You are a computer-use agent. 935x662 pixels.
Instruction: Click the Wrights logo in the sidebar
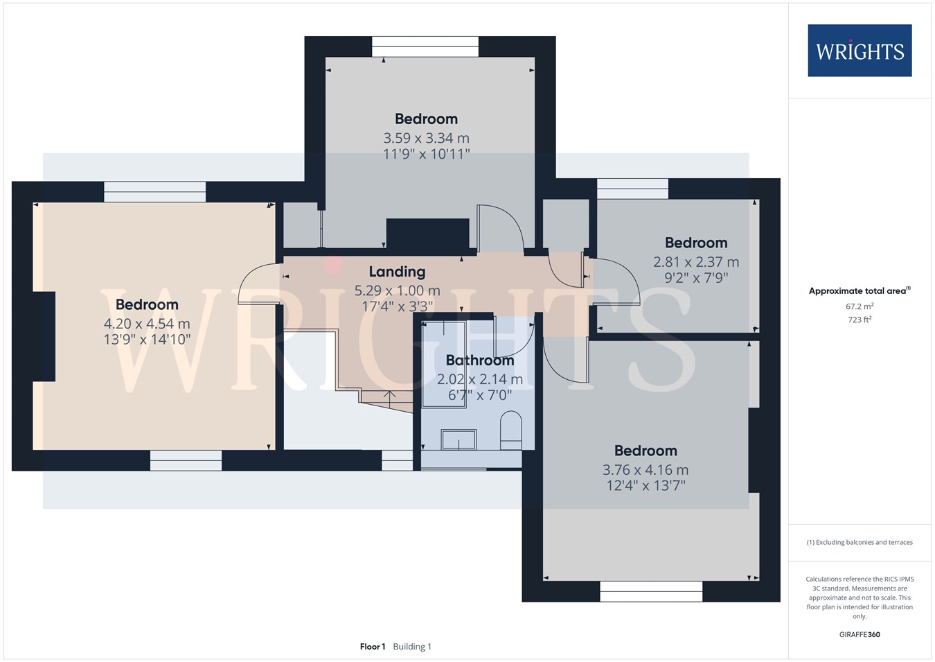click(860, 51)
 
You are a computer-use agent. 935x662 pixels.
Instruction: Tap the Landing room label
click(397, 272)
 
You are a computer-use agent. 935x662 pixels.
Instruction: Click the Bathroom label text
click(479, 360)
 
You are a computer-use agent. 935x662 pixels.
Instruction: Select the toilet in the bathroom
click(511, 430)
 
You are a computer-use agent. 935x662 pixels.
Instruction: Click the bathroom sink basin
click(458, 439)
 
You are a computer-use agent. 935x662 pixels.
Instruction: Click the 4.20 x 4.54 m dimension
click(147, 324)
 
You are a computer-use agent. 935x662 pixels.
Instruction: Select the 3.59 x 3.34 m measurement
click(426, 138)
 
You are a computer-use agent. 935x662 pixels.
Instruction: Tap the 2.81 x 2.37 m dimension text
click(696, 262)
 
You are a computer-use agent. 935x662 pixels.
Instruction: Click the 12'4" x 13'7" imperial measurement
click(645, 485)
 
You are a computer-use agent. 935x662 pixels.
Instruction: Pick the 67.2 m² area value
click(860, 306)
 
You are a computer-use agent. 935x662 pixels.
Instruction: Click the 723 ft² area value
click(860, 320)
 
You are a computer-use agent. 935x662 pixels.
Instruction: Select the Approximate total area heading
click(860, 290)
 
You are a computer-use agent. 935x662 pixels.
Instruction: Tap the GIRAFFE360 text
click(860, 634)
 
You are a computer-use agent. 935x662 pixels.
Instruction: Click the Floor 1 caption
click(373, 647)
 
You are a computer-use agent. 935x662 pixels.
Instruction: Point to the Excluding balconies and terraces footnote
click(860, 542)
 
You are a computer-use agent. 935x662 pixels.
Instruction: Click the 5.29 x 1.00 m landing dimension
click(397, 290)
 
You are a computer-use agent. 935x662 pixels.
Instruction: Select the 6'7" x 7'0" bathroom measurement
click(479, 394)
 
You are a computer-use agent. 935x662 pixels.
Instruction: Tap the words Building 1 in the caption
click(412, 647)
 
